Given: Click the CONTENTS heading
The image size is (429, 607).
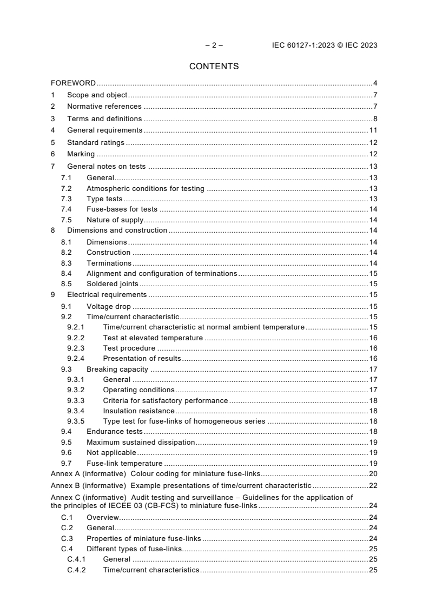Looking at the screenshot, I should [x=214, y=67].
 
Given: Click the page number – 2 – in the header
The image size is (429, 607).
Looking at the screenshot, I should [x=214, y=45].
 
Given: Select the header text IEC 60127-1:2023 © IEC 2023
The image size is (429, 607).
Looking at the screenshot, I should [x=325, y=45].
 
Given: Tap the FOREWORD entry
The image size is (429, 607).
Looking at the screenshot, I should [x=73, y=83].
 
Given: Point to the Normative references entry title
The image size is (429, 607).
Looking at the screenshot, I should [x=104, y=107].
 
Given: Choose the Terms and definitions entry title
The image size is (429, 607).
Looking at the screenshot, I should [x=104, y=118].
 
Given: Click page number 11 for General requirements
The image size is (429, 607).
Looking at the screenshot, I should [x=373, y=130].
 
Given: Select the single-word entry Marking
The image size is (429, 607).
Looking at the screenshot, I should [x=81, y=154].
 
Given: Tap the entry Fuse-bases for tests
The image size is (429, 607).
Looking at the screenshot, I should [x=122, y=209].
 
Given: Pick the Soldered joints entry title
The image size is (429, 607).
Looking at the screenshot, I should [x=112, y=283].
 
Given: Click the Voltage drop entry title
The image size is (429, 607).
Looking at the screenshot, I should [x=108, y=306].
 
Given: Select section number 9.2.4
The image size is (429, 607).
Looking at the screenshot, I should [x=76, y=358].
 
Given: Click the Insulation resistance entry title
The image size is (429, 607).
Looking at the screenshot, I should [x=138, y=411].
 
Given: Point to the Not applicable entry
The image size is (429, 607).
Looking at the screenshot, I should [x=111, y=452].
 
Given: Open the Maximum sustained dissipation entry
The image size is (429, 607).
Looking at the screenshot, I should [x=140, y=442].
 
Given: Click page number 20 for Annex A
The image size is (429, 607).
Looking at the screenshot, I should [x=373, y=473].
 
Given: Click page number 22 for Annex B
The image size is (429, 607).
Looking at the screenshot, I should [x=373, y=485].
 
